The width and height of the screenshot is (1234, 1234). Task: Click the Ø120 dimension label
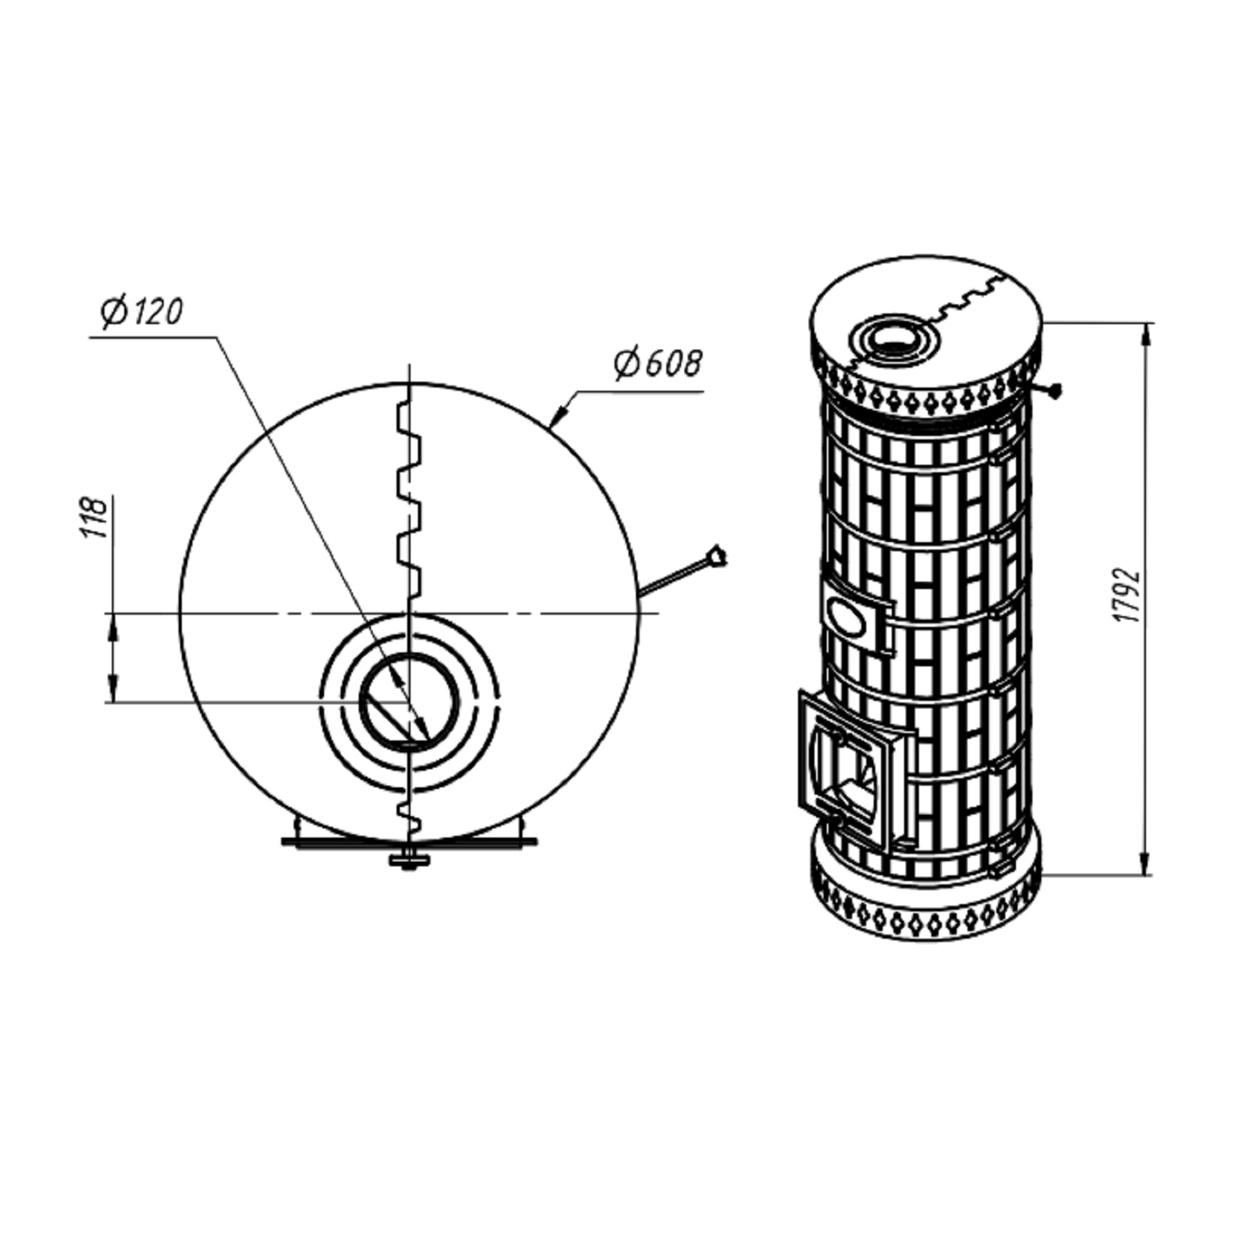point(141,313)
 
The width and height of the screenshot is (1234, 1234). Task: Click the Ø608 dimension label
point(659,363)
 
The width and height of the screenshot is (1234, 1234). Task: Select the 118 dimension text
point(95,517)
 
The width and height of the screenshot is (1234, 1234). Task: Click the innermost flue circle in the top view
point(409,702)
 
